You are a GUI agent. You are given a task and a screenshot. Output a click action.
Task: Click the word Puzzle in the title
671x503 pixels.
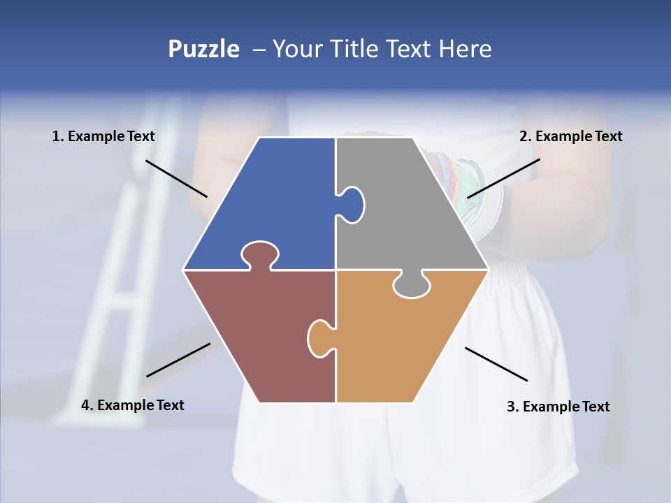click(203, 49)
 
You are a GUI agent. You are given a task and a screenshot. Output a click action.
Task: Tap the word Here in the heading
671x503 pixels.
click(465, 49)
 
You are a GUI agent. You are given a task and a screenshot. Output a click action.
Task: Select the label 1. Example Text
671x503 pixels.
click(103, 136)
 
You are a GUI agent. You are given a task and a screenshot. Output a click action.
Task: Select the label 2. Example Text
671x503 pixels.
click(570, 136)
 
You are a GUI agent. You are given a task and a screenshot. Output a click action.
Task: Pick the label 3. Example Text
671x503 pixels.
click(558, 407)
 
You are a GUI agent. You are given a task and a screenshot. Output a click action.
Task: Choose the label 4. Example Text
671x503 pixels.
click(133, 405)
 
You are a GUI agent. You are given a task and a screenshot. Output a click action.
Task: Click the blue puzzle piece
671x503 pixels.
click(273, 196)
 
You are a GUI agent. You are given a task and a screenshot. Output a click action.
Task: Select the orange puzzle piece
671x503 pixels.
click(405, 342)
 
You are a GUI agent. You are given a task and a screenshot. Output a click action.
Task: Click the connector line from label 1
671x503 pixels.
click(176, 178)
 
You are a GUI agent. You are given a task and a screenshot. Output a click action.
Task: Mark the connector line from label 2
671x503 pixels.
click(503, 178)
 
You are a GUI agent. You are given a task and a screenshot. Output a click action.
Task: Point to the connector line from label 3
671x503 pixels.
click(496, 364)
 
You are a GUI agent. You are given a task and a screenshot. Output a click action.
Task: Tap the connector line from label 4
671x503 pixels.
click(178, 360)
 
